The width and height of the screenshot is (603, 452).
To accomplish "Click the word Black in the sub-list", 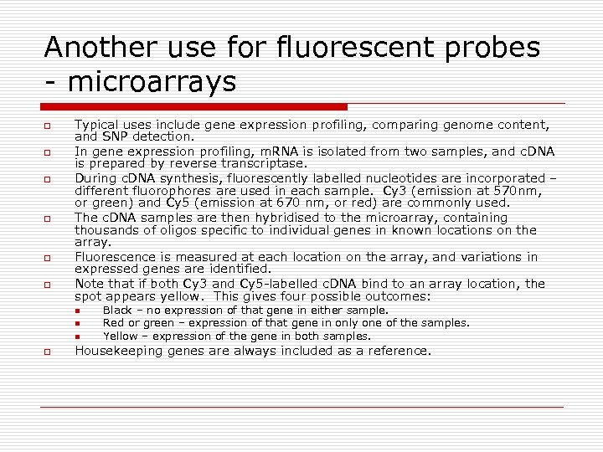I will pyautogui.click(x=117, y=310).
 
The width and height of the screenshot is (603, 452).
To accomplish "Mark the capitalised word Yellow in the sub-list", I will pyautogui.click(x=120, y=336).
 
